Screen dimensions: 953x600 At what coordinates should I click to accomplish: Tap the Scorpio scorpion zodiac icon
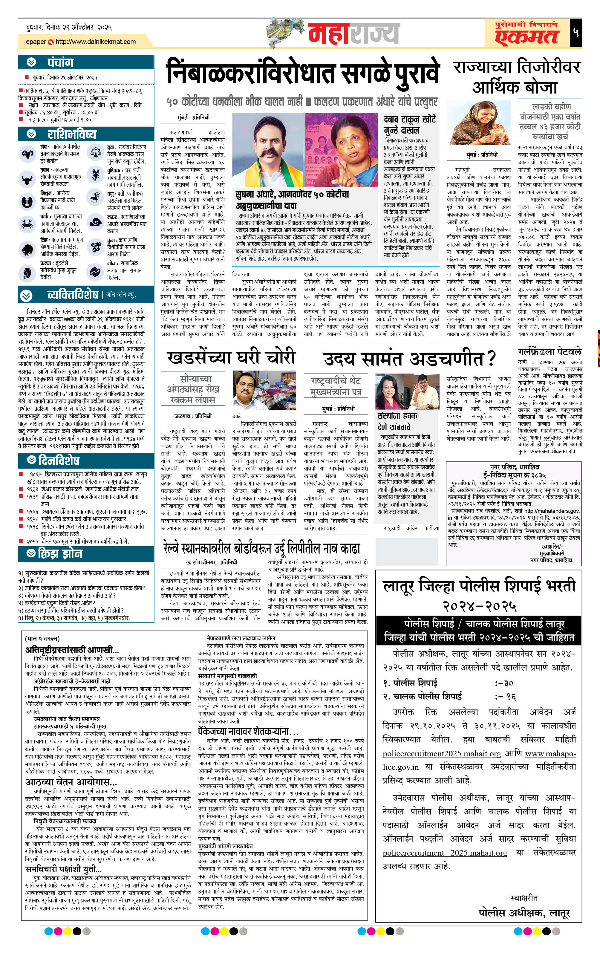pos(95,175)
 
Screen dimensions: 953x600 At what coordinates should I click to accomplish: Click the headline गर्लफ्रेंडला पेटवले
pos(549,351)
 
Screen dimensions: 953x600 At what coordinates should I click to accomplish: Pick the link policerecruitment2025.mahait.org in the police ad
pos(441,754)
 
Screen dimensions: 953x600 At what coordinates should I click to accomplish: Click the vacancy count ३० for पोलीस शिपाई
pos(509,683)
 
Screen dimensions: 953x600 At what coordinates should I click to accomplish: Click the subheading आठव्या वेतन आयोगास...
pos(71,782)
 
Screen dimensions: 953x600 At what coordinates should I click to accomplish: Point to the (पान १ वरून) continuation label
pos(42,638)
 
